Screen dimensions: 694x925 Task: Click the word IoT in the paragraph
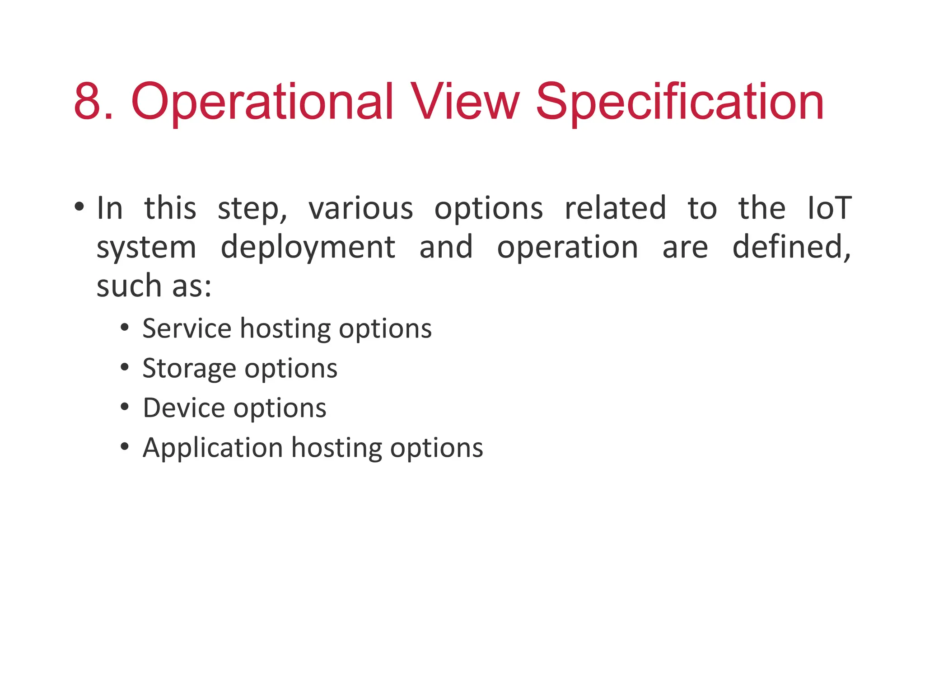tap(829, 208)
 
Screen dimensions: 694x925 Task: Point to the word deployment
tap(308, 248)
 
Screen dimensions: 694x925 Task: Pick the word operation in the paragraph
tap(568, 248)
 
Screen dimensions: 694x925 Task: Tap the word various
tap(360, 208)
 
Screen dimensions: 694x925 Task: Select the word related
tap(615, 208)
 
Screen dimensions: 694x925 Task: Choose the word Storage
tap(189, 368)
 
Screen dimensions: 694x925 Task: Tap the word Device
tap(183, 408)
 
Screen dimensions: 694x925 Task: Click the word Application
tap(213, 448)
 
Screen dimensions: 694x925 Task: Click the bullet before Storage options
tap(125, 367)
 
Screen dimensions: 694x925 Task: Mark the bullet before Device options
tap(125, 407)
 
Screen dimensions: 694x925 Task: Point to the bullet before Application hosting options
tap(125, 446)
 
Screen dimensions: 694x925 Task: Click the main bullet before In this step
tap(79, 207)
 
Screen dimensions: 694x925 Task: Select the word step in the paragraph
tap(251, 208)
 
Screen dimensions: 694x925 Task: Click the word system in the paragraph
tap(146, 248)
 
